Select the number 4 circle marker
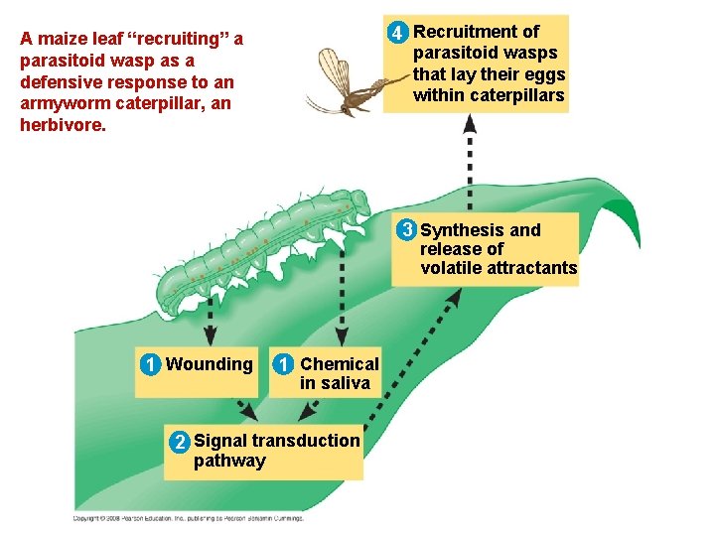397,34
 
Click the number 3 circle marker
406,230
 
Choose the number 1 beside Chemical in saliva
284,364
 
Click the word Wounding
210,364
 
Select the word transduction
306,441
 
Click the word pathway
229,461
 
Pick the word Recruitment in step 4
465,32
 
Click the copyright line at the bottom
189,517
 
